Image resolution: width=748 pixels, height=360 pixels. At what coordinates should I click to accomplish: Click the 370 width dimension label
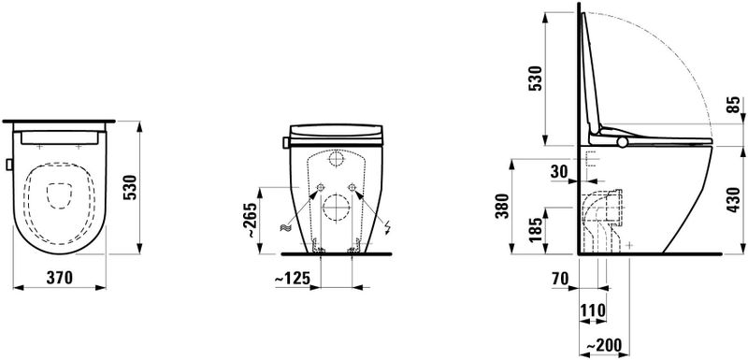pyautogui.click(x=60, y=278)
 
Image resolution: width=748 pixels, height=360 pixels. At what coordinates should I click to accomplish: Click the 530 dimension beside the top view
pyautogui.click(x=130, y=188)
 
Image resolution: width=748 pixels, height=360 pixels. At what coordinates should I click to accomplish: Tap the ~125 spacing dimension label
pyautogui.click(x=293, y=278)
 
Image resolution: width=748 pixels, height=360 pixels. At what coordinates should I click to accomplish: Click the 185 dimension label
pyautogui.click(x=536, y=229)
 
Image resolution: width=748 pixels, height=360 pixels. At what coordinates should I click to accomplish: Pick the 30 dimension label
pyautogui.click(x=559, y=171)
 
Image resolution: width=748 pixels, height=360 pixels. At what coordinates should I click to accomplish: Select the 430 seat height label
pyautogui.click(x=734, y=199)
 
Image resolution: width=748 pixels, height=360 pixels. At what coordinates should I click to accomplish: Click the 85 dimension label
pyautogui.click(x=734, y=105)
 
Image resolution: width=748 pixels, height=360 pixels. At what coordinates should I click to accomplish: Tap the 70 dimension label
pyautogui.click(x=558, y=278)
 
